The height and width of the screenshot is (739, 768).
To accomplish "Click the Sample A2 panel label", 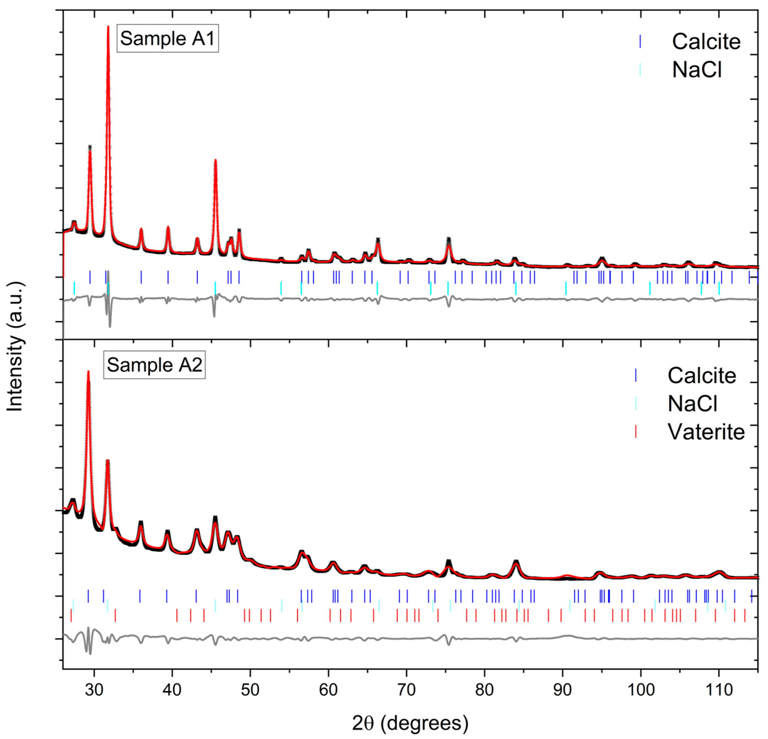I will coord(154,365).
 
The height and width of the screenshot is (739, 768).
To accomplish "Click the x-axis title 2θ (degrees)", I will coord(410,723).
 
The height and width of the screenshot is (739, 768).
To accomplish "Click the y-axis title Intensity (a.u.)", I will coord(15,340).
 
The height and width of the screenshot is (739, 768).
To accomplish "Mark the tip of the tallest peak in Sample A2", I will coord(88,371).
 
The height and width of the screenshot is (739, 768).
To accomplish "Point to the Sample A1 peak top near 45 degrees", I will coord(215,160).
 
